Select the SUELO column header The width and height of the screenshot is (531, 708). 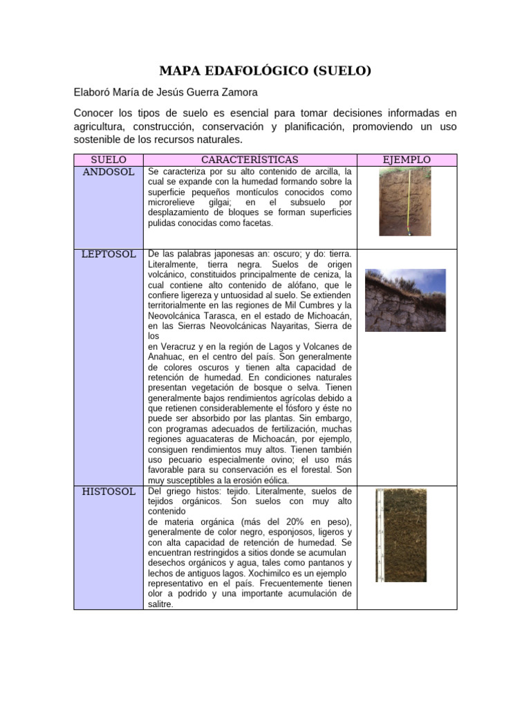click(x=109, y=160)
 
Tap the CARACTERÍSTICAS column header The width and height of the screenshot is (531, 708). click(x=250, y=160)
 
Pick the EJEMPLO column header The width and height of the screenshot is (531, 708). click(x=407, y=160)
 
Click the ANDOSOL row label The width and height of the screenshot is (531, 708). click(x=109, y=171)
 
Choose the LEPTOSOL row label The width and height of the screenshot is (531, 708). click(x=109, y=254)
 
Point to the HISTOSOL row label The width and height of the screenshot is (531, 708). click(x=109, y=492)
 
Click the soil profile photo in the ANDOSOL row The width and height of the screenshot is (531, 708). click(x=404, y=203)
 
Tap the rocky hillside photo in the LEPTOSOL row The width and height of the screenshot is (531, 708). click(x=405, y=300)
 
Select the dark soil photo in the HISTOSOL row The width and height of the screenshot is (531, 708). click(x=401, y=535)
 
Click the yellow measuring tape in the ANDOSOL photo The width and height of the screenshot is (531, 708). click(x=411, y=203)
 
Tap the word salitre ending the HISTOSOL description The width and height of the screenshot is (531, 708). click(x=160, y=604)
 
